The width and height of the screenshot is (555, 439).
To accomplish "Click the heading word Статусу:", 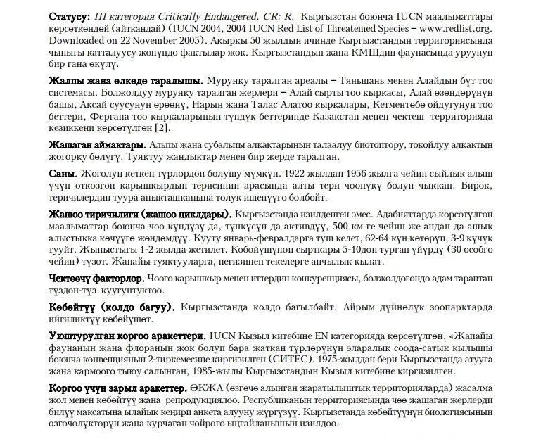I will coord(69,15).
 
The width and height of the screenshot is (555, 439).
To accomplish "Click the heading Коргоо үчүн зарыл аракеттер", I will coord(117,388).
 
